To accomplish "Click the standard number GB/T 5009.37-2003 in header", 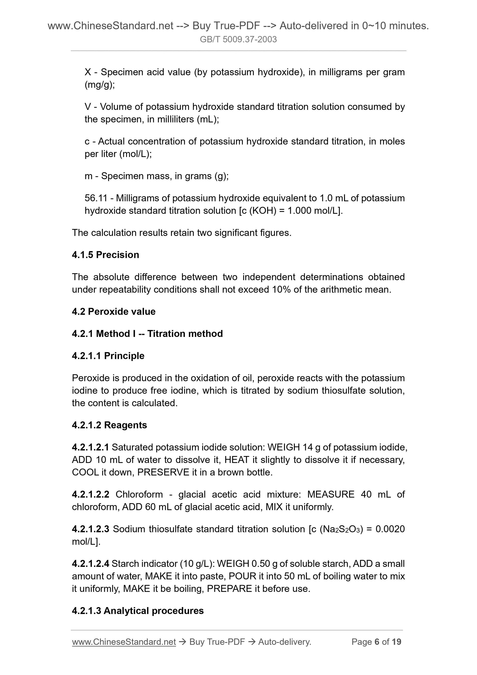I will [x=238, y=39].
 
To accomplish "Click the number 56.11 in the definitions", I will [x=96, y=198].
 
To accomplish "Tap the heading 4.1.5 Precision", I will [x=105, y=255].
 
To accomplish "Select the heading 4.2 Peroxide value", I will [x=114, y=311].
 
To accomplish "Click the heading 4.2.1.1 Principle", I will [x=108, y=356].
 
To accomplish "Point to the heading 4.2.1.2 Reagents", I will [x=109, y=425].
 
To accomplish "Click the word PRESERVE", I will [x=163, y=472].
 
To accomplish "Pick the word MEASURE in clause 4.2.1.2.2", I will [x=331, y=494].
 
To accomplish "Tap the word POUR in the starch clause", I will [x=242, y=576].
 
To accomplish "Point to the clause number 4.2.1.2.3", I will [x=90, y=529].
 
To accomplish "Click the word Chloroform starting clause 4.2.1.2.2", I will [x=139, y=494].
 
